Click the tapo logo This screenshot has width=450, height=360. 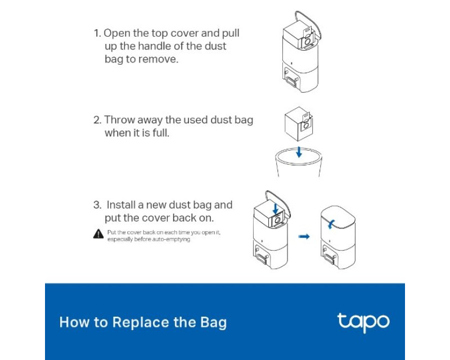(x=363, y=322)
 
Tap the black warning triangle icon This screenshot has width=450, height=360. (x=98, y=234)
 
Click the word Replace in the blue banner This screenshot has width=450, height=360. (x=141, y=322)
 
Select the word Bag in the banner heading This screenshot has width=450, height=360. (x=214, y=323)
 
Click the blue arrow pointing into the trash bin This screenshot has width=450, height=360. (x=299, y=152)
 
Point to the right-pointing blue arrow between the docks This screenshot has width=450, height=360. (x=304, y=237)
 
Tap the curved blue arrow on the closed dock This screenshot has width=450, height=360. (x=331, y=224)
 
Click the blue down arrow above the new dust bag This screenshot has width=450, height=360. (x=276, y=209)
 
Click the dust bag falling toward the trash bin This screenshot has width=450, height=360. (x=299, y=124)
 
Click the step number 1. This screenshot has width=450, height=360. (x=97, y=33)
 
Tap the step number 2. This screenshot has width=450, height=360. (x=97, y=120)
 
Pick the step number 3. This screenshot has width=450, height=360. (x=97, y=205)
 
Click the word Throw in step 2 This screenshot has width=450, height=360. (x=119, y=120)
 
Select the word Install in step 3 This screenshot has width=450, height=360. (x=120, y=205)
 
